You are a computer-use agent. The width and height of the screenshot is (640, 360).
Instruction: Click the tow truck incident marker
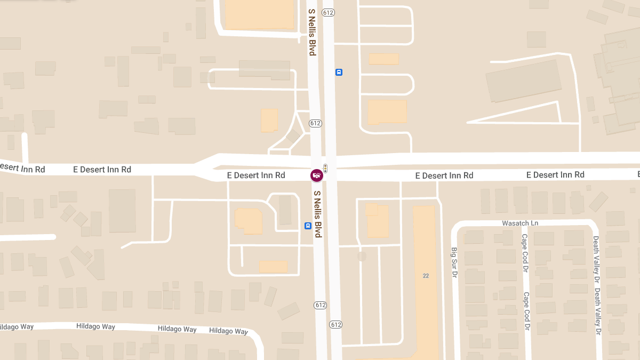click(317, 175)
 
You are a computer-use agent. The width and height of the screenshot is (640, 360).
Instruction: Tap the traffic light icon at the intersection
click(325, 168)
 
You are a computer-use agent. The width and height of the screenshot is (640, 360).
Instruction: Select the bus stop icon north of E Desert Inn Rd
click(339, 72)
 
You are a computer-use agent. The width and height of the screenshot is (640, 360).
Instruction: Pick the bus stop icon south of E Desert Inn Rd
click(308, 226)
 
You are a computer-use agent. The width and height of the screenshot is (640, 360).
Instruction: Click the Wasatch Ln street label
click(520, 223)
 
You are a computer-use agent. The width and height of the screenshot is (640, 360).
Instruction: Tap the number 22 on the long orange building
click(426, 276)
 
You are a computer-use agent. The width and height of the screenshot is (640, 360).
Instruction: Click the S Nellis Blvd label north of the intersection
click(312, 31)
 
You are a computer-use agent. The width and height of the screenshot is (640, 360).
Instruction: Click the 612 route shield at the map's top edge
click(328, 12)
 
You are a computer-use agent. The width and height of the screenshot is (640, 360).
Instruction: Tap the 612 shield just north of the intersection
click(315, 123)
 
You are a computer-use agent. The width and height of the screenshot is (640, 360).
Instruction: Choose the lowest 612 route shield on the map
click(335, 324)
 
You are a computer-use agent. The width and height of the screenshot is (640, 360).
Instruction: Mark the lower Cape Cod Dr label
click(526, 310)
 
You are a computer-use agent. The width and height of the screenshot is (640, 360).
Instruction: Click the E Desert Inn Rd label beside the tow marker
click(256, 175)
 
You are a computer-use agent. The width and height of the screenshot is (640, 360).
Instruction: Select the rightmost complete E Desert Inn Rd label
click(555, 175)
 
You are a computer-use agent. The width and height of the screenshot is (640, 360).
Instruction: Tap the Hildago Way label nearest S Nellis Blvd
click(228, 331)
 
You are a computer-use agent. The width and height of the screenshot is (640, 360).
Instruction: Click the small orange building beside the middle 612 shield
click(269, 120)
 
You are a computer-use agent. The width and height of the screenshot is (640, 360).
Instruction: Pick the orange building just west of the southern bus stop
click(249, 221)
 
